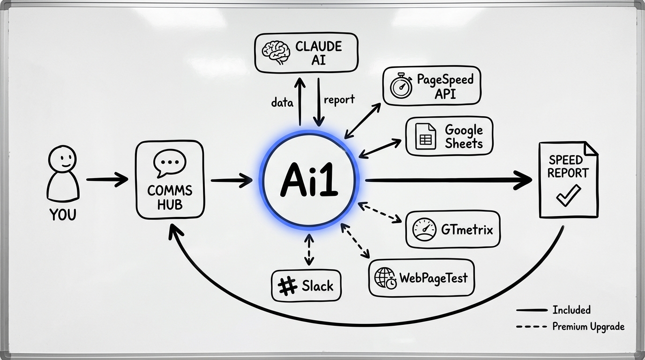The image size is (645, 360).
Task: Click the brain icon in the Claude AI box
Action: coord(275,52)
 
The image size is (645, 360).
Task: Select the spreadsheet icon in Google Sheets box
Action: coord(426,136)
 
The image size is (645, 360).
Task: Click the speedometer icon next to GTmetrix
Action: coord(424,230)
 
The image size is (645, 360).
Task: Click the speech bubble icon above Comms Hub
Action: coord(169,163)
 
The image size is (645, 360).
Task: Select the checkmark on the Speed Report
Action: coord(568,195)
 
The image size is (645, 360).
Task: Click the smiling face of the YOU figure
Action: coord(63,160)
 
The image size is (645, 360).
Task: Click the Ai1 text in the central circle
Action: coord(309,181)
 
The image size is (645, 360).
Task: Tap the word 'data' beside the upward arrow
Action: coord(283,102)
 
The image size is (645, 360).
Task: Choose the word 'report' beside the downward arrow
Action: coord(339,99)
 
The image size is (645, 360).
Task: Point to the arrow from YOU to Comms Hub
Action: coord(107,179)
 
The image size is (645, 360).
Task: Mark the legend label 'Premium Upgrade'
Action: coord(588,327)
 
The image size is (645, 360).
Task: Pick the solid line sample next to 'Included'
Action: coord(532,310)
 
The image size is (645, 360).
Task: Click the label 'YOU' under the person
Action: coord(63,215)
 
